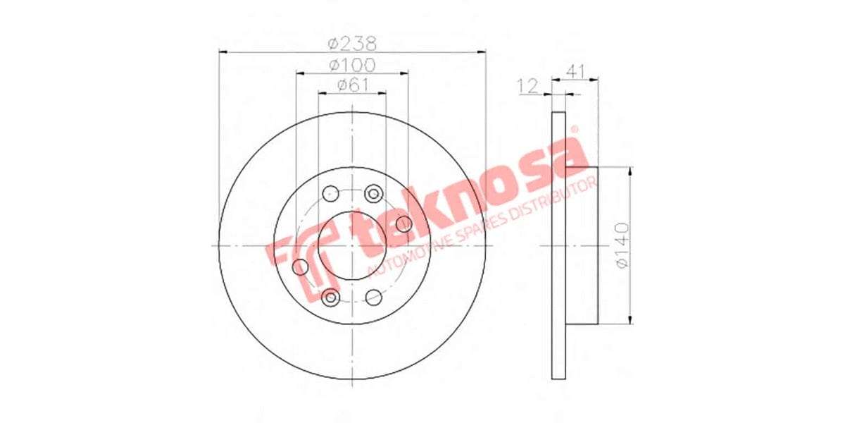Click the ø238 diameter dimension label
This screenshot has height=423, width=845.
pyautogui.click(x=352, y=42)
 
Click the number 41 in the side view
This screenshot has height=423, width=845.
pyautogui.click(x=576, y=70)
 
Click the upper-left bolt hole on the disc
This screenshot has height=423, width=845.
pyautogui.click(x=330, y=193)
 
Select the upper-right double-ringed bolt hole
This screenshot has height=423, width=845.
pyautogui.click(x=374, y=193)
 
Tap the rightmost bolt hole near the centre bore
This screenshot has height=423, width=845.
pyautogui.click(x=403, y=224)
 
